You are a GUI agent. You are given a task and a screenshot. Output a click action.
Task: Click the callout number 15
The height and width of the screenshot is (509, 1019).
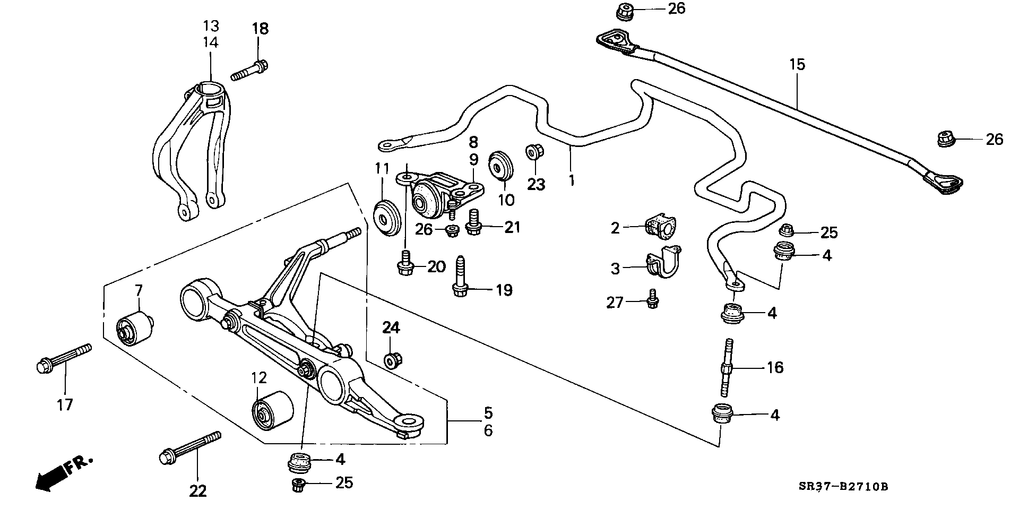(x=797, y=65)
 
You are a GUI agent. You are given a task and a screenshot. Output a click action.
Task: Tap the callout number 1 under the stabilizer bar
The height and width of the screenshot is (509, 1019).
(x=572, y=180)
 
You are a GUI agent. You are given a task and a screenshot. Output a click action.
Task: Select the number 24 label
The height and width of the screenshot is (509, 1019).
(x=391, y=328)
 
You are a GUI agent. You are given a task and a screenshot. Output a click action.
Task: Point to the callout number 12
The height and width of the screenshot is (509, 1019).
(x=258, y=378)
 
